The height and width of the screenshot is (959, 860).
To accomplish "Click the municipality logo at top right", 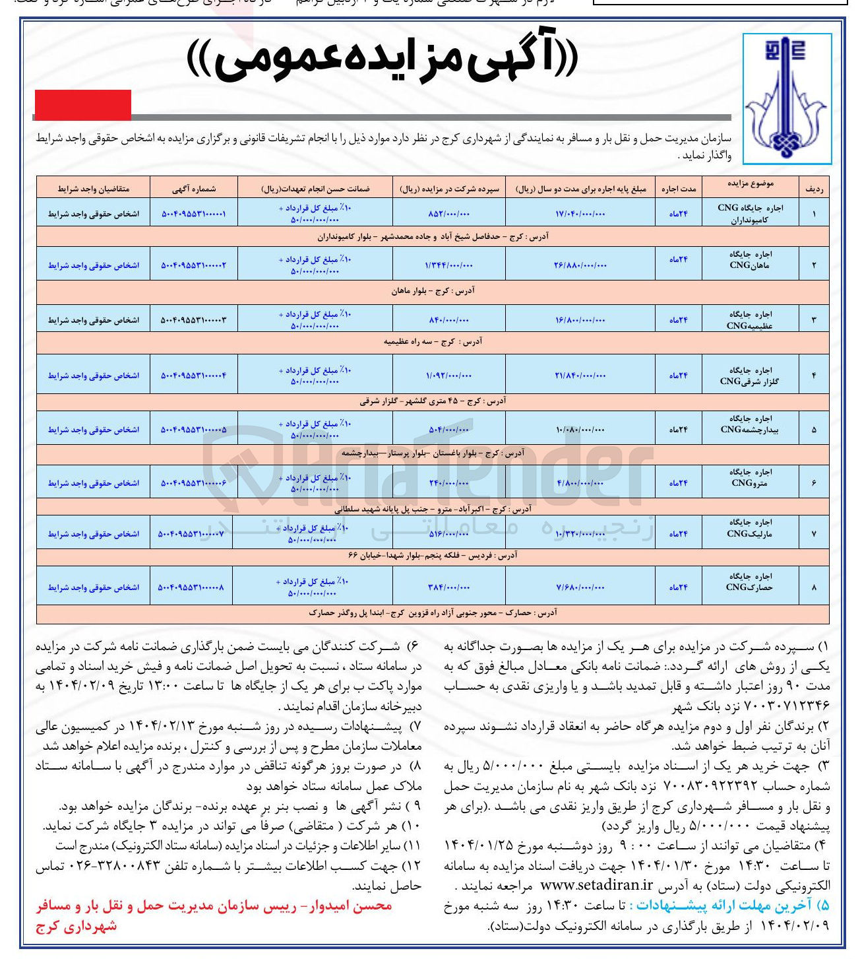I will [x=786, y=98].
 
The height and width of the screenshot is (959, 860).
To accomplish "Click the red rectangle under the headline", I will [x=82, y=104].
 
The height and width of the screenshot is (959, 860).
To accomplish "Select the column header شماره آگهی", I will [x=194, y=189].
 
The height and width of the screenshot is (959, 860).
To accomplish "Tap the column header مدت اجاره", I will [x=678, y=189].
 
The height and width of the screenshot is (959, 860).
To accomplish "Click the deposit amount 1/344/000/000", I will [x=449, y=265].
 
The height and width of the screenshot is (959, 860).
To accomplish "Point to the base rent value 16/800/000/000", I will [x=580, y=320].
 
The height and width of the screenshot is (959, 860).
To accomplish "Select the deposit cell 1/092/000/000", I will [x=449, y=376].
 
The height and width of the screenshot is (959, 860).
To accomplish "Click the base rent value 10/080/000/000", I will [x=580, y=430].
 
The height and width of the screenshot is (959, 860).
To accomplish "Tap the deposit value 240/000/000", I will [x=449, y=483].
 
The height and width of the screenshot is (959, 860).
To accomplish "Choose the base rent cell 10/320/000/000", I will [x=580, y=533].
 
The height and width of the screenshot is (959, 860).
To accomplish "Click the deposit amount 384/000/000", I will [x=449, y=587].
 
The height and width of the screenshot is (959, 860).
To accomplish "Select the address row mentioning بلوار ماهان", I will [x=433, y=290].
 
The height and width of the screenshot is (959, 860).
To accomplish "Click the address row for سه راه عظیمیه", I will [x=433, y=342].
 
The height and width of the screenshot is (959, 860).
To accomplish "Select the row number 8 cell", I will [x=814, y=587].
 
